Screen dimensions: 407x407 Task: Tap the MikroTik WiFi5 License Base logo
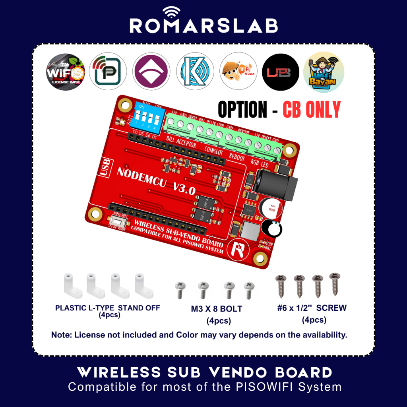click(66, 72)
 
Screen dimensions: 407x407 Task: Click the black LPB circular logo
click(280, 72)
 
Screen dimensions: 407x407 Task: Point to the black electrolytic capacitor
click(271, 229)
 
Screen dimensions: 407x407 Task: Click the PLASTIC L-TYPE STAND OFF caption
click(108, 308)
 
